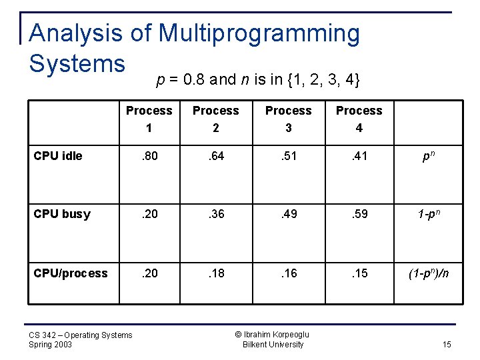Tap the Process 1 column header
(x=149, y=119)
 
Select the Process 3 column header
(x=288, y=119)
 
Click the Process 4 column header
(x=359, y=119)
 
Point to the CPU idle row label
(x=58, y=156)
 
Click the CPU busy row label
(x=62, y=214)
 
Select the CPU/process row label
(x=71, y=273)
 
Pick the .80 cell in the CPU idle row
(x=149, y=156)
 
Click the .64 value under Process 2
(x=215, y=156)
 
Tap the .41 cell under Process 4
(x=359, y=156)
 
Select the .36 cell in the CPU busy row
(x=215, y=214)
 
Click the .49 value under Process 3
(x=288, y=214)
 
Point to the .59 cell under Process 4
(x=359, y=214)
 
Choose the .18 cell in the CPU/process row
(x=215, y=273)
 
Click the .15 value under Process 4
(x=359, y=273)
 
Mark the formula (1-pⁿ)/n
(x=429, y=273)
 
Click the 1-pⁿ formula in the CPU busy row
(x=429, y=214)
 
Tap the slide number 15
(x=446, y=345)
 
